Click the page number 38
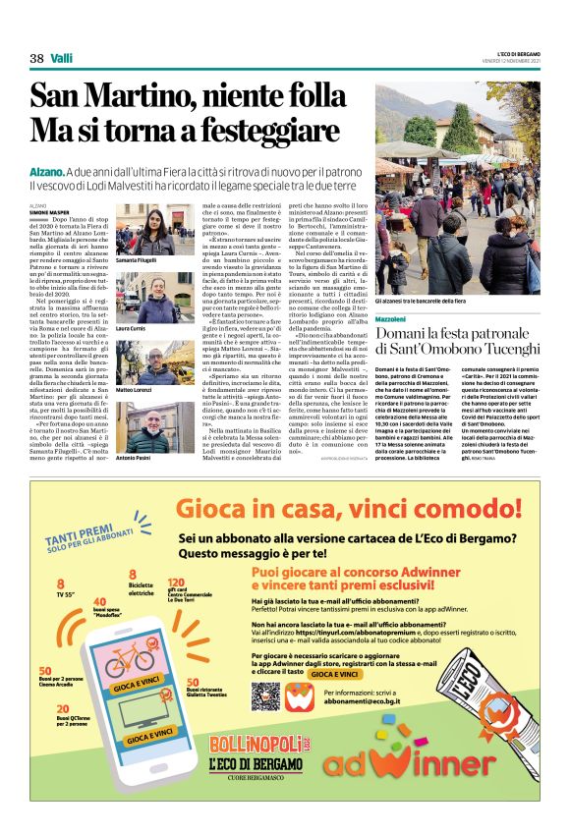[36, 58]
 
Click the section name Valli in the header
[62, 58]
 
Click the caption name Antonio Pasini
[134, 459]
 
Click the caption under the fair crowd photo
[420, 301]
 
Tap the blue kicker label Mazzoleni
[390, 320]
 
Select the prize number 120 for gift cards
[177, 583]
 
